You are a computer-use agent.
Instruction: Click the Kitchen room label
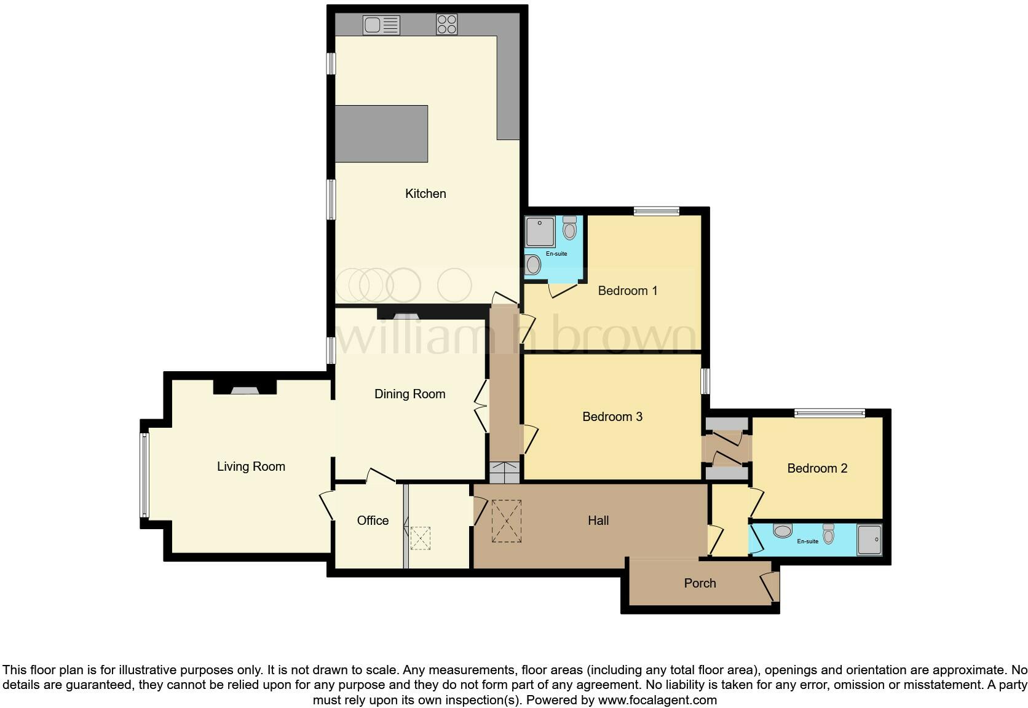click(x=425, y=194)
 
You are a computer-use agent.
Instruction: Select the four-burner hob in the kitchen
click(x=447, y=25)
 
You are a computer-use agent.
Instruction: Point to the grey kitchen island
click(x=381, y=133)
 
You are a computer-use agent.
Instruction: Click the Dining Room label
click(x=409, y=394)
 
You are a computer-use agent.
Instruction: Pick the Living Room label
click(x=251, y=466)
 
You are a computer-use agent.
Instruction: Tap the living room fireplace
click(x=245, y=388)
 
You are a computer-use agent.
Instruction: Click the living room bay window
click(x=145, y=474)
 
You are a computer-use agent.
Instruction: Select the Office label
click(x=373, y=521)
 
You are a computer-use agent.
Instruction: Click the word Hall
click(x=598, y=521)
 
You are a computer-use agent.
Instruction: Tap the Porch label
click(x=700, y=583)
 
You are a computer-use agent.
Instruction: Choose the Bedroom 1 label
click(x=627, y=291)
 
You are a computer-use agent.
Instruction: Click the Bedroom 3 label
click(x=612, y=417)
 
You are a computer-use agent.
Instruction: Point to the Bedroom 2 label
click(x=816, y=468)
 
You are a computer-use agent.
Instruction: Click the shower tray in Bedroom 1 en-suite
click(x=540, y=231)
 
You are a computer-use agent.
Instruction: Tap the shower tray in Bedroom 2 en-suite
click(x=869, y=539)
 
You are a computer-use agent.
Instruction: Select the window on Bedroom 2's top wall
click(x=829, y=413)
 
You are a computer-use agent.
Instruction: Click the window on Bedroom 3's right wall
click(x=706, y=380)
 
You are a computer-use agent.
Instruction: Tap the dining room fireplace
click(x=406, y=316)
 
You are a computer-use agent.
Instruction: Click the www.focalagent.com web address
click(x=657, y=700)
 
